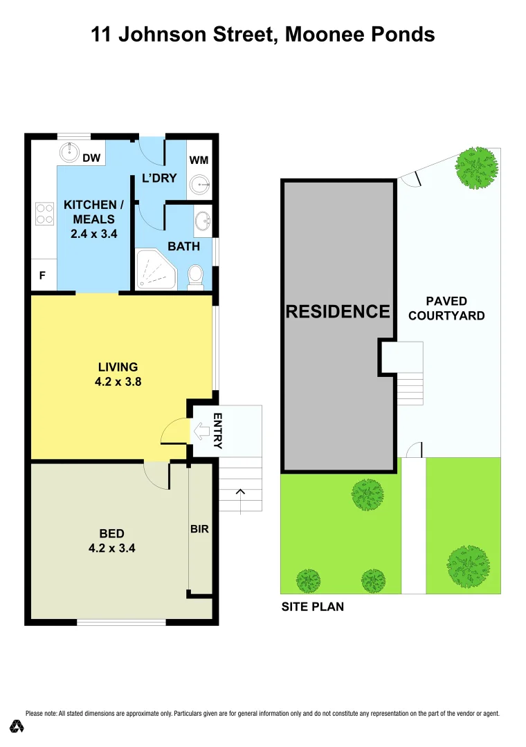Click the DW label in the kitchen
click(92, 158)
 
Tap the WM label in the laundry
click(199, 160)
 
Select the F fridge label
click(42, 275)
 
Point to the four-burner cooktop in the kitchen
click(45, 212)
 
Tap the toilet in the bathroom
click(195, 276)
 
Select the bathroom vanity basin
click(203, 221)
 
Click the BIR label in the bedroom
click(199, 529)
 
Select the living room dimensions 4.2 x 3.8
click(118, 380)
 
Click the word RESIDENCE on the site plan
click(338, 311)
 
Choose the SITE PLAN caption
click(312, 607)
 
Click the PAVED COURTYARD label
click(446, 308)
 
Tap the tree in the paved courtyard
click(477, 167)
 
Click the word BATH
click(183, 246)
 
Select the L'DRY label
click(159, 178)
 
